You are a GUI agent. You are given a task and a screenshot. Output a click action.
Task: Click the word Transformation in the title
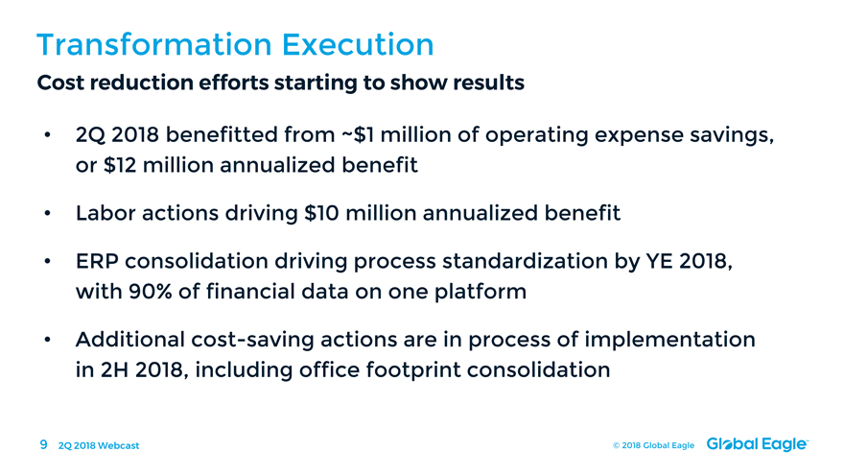click(x=154, y=44)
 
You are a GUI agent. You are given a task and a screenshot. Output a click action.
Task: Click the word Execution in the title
click(x=358, y=44)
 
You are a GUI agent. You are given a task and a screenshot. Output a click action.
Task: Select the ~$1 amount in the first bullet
click(x=358, y=134)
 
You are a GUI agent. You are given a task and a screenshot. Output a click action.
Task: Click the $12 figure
click(x=120, y=165)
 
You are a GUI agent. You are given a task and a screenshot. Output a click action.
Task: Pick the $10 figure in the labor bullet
click(x=321, y=213)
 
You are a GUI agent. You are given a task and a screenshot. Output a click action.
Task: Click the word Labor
click(x=105, y=213)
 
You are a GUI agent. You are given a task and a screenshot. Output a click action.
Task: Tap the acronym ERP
click(x=97, y=261)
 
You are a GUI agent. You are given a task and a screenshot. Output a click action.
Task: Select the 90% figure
click(x=151, y=292)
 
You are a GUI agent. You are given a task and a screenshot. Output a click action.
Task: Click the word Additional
click(x=130, y=340)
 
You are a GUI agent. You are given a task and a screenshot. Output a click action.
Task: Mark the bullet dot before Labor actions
click(x=47, y=214)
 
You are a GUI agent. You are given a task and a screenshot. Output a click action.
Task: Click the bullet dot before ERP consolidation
click(x=47, y=262)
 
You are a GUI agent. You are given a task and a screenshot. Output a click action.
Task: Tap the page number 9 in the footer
click(x=43, y=445)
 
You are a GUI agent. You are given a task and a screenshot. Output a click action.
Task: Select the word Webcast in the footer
click(x=118, y=446)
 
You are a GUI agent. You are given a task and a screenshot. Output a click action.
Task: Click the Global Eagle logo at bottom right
click(x=758, y=444)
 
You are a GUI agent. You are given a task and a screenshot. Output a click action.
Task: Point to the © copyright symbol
click(x=617, y=446)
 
